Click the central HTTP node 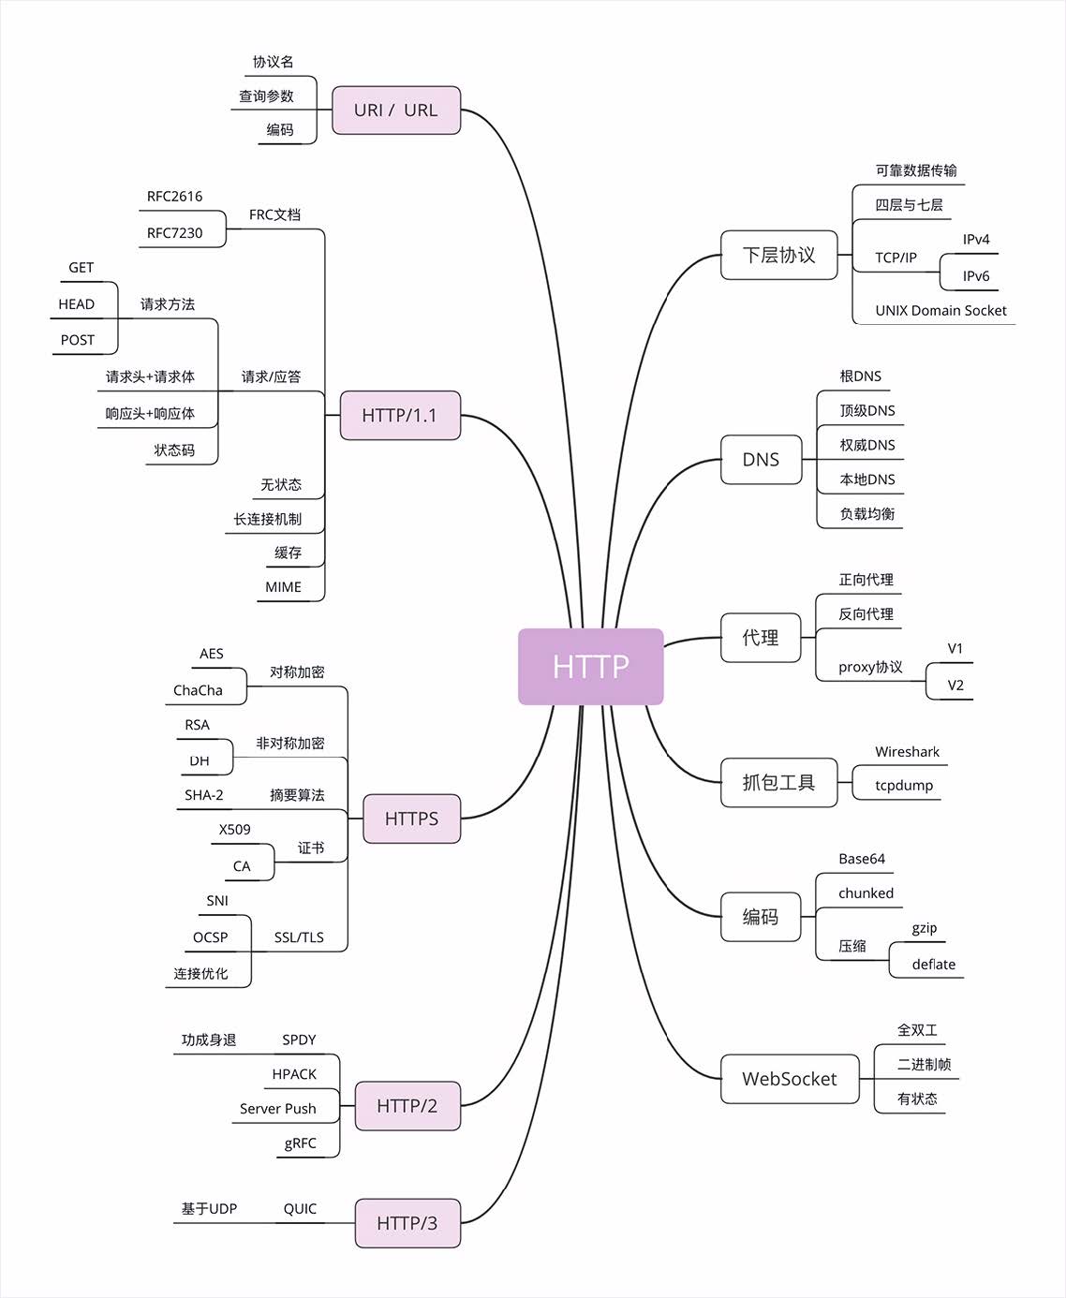[590, 666]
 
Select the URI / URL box [395, 110]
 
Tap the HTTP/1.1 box [399, 415]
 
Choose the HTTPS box [411, 819]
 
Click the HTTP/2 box [407, 1106]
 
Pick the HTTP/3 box [407, 1223]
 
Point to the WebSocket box [789, 1079]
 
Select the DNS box [761, 460]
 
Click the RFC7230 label [174, 233]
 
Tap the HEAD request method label [77, 304]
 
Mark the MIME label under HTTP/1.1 [283, 587]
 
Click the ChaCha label [198, 690]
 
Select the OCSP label [210, 937]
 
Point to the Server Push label [277, 1109]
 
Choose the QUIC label [300, 1209]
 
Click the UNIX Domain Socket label [940, 311]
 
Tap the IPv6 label [975, 276]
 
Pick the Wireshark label [907, 752]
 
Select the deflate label [933, 965]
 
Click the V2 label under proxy [955, 686]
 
